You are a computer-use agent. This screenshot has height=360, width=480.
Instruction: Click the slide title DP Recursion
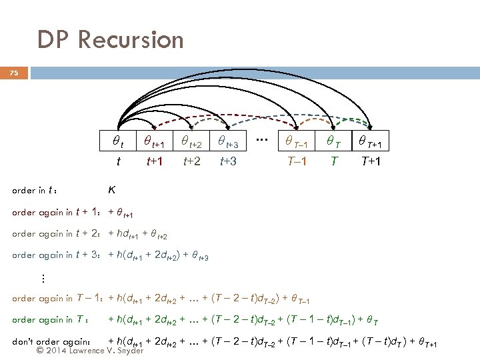coord(110,40)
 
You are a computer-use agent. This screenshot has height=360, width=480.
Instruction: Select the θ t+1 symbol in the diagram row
coord(155,141)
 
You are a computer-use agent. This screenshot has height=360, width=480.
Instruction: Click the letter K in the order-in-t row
coord(112,189)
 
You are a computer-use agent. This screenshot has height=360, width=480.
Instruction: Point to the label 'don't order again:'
coord(51,342)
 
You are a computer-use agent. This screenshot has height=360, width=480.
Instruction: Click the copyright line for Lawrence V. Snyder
coord(90,350)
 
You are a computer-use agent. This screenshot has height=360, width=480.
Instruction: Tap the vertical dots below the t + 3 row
coord(42,277)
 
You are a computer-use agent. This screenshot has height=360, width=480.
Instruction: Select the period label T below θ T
coord(333,161)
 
